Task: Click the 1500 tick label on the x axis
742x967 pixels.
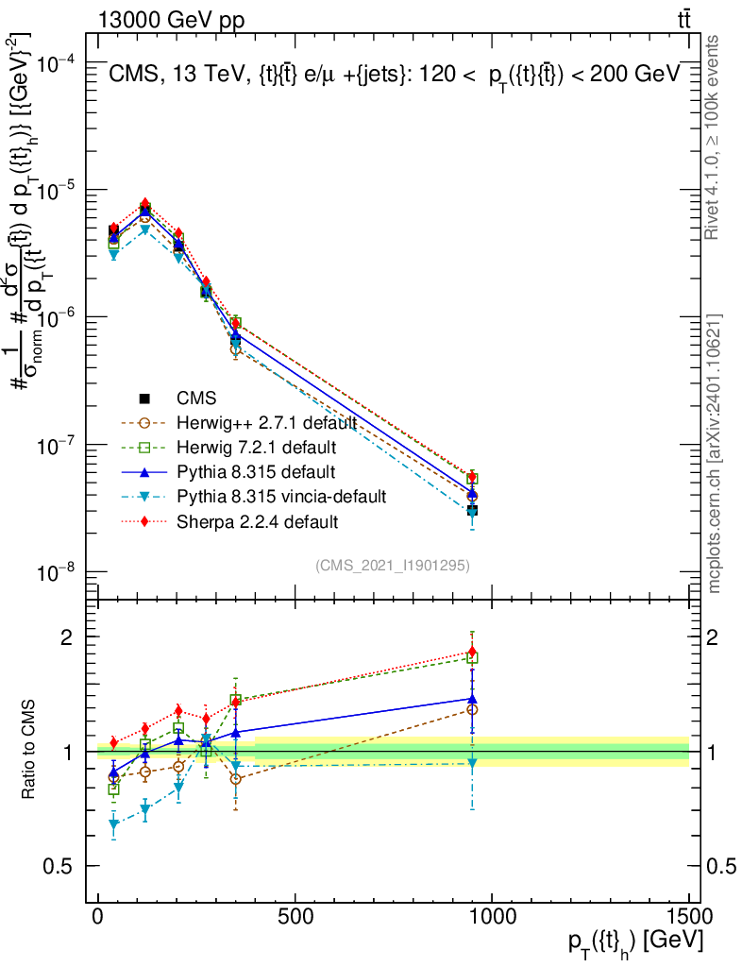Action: tap(688, 919)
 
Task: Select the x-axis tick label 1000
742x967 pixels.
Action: tap(491, 919)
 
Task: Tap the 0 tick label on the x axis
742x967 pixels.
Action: tap(98, 919)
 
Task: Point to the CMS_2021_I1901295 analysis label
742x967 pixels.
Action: tap(394, 566)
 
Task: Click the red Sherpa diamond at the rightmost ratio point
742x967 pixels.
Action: tap(472, 652)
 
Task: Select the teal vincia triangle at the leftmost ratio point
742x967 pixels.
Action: tap(114, 824)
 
